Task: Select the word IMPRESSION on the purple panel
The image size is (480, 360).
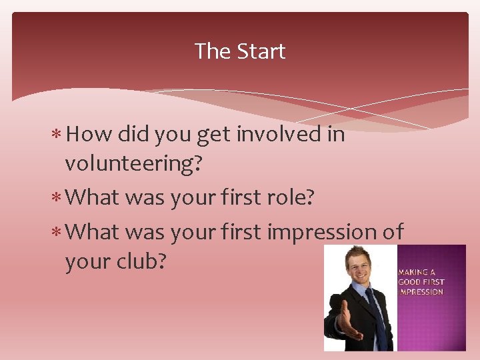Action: (421, 292)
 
